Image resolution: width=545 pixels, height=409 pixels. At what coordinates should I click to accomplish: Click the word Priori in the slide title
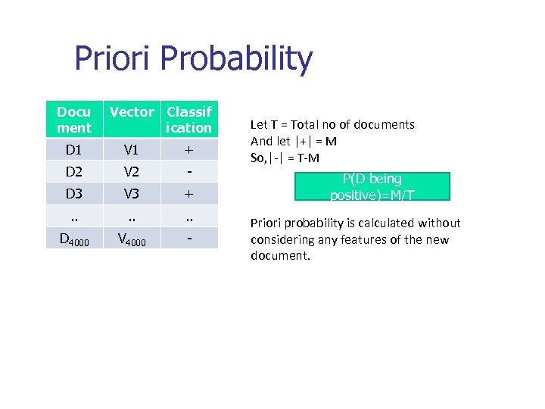click(114, 59)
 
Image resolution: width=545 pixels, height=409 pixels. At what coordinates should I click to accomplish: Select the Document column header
click(73, 120)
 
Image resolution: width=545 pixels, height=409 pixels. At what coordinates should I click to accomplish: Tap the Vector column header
click(132, 112)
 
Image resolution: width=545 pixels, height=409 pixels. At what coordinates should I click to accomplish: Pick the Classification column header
click(189, 120)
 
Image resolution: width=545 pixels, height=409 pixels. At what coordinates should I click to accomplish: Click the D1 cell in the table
click(73, 149)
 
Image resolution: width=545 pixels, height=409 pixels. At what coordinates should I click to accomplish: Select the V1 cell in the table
click(132, 149)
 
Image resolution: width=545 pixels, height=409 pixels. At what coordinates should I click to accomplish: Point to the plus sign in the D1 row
click(189, 149)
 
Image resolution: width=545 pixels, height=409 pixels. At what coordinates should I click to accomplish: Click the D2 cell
click(73, 171)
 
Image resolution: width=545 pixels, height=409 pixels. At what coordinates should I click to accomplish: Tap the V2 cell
click(132, 171)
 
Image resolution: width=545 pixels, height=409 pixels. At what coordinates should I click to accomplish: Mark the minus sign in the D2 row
click(189, 171)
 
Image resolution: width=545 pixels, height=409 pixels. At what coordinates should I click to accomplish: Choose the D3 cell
click(73, 193)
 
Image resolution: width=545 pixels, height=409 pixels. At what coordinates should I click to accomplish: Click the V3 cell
click(132, 193)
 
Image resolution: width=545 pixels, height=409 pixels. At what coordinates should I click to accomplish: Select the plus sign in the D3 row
click(189, 193)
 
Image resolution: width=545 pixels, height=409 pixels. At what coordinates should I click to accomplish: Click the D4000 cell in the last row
click(73, 239)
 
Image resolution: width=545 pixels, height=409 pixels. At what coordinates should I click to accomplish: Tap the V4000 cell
click(132, 239)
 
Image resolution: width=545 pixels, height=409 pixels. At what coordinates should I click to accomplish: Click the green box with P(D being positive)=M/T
click(372, 186)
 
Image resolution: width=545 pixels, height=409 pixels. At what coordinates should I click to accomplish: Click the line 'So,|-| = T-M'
click(285, 158)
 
